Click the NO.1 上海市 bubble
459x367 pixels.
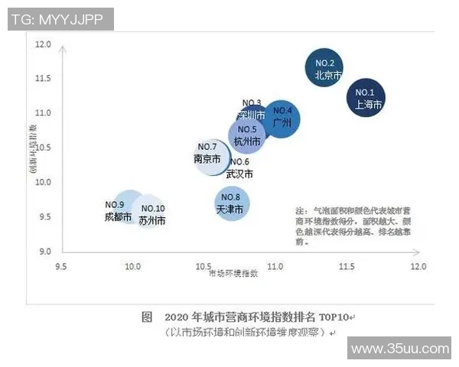tap(366, 97)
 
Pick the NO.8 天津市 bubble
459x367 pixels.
tap(231, 203)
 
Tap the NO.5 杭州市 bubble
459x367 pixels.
tap(246, 135)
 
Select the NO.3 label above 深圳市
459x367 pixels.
tap(252, 103)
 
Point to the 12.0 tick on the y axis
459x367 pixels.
tap(43, 45)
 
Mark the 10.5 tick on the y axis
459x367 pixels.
tap(43, 148)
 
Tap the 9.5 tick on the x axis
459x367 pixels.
tap(61, 266)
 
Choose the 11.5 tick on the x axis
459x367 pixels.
tap(346, 266)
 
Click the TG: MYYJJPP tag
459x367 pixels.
tap(57, 19)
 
